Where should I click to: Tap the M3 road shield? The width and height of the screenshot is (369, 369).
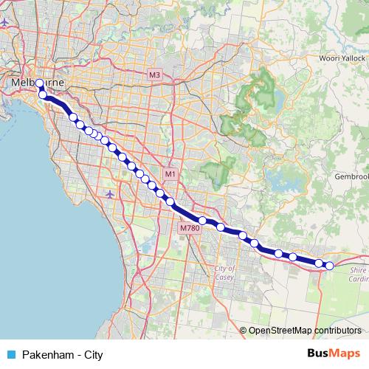click(154, 75)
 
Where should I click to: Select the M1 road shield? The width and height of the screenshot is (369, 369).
click(170, 174)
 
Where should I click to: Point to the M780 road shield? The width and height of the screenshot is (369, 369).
click(190, 229)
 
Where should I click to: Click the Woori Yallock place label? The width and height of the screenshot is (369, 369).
click(342, 58)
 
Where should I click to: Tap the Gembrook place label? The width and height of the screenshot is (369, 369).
click(351, 177)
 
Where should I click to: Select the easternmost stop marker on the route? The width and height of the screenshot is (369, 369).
click(330, 266)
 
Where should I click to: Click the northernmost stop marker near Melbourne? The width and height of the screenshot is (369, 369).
click(40, 83)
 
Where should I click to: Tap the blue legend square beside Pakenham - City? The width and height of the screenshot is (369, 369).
click(11, 355)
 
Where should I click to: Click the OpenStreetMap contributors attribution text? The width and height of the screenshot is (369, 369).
click(305, 331)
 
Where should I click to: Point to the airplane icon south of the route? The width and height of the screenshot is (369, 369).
click(110, 194)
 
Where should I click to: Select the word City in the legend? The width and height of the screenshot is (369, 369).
click(93, 355)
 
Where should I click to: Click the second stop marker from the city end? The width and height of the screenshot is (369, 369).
click(44, 95)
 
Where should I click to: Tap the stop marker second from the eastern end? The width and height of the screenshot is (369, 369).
click(319, 263)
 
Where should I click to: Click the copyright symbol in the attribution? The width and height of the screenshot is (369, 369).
click(243, 331)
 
